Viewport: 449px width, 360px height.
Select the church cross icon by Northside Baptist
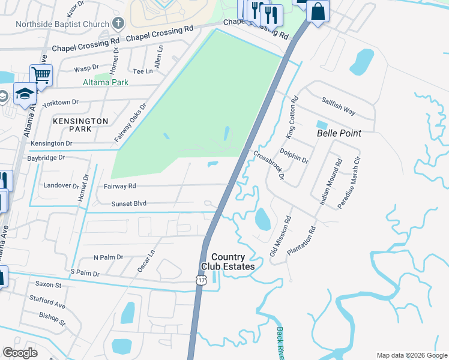click(118, 24)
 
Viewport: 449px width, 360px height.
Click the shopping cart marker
click(41, 76)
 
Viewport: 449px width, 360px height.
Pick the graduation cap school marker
click(25, 94)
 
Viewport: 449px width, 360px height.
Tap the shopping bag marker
click(318, 11)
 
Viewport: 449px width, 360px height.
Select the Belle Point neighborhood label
click(339, 133)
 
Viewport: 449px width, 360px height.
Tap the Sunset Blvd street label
click(128, 204)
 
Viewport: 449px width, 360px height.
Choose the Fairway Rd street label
click(119, 186)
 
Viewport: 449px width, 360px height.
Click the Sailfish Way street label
click(338, 107)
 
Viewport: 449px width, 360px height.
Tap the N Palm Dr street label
click(108, 257)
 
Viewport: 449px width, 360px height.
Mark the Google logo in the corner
click(20, 353)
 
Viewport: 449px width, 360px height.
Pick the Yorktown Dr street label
click(60, 103)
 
